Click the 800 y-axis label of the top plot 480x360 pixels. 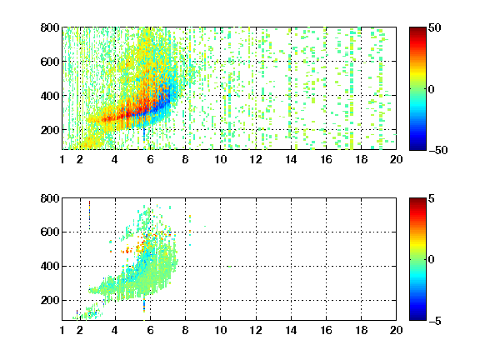pyautogui.click(x=50, y=27)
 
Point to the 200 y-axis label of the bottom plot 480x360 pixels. pyautogui.click(x=50, y=300)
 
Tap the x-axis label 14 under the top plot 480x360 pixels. pyautogui.click(x=291, y=159)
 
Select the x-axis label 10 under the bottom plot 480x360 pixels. pyautogui.click(x=220, y=330)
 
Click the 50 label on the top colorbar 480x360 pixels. pyautogui.click(x=434, y=27)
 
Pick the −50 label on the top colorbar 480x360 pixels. pyautogui.click(x=437, y=150)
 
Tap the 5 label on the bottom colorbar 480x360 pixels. pyautogui.click(x=432, y=198)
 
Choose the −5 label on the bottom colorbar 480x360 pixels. pyautogui.click(x=435, y=321)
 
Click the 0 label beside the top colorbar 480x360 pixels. pyautogui.click(x=432, y=89)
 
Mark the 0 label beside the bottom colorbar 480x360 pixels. pyautogui.click(x=432, y=260)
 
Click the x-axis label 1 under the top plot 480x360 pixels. pyautogui.click(x=62, y=159)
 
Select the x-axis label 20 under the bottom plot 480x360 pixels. pyautogui.click(x=396, y=330)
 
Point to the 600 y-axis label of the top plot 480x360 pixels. pyautogui.click(x=50, y=62)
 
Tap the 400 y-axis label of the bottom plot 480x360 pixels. pyautogui.click(x=50, y=266)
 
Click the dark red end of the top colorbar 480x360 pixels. pyautogui.click(x=417, y=30)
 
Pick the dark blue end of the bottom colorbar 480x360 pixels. pyautogui.click(x=417, y=317)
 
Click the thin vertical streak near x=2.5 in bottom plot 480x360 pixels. pyautogui.click(x=89, y=215)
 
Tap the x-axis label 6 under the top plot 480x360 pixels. pyautogui.click(x=150, y=159)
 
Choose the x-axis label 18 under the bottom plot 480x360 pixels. pyautogui.click(x=361, y=330)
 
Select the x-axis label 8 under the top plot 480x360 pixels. pyautogui.click(x=185, y=159)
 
